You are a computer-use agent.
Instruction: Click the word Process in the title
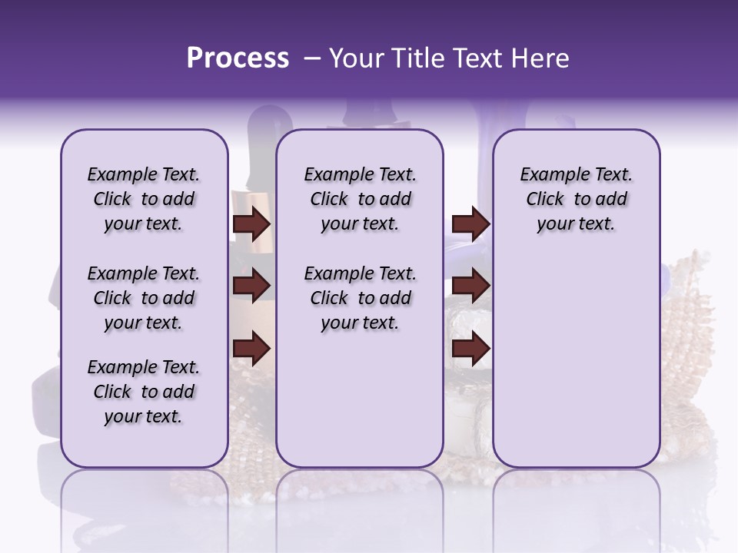click(x=238, y=58)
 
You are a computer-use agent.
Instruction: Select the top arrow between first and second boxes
click(x=251, y=224)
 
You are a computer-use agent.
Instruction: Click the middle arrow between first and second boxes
click(x=251, y=286)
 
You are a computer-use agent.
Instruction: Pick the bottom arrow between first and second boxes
click(x=251, y=349)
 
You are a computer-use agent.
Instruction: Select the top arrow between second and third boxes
click(x=470, y=224)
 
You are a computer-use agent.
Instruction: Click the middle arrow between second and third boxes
click(x=470, y=286)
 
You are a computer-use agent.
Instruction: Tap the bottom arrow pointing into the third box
click(x=470, y=349)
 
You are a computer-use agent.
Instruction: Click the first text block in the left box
click(x=144, y=199)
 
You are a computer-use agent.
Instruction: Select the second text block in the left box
click(x=144, y=298)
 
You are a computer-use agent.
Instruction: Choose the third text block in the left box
click(x=144, y=392)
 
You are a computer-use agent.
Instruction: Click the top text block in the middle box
click(x=360, y=199)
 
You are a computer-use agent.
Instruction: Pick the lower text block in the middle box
click(x=360, y=298)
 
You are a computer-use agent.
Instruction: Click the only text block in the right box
click(x=576, y=199)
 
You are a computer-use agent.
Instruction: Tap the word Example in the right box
click(x=549, y=175)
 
